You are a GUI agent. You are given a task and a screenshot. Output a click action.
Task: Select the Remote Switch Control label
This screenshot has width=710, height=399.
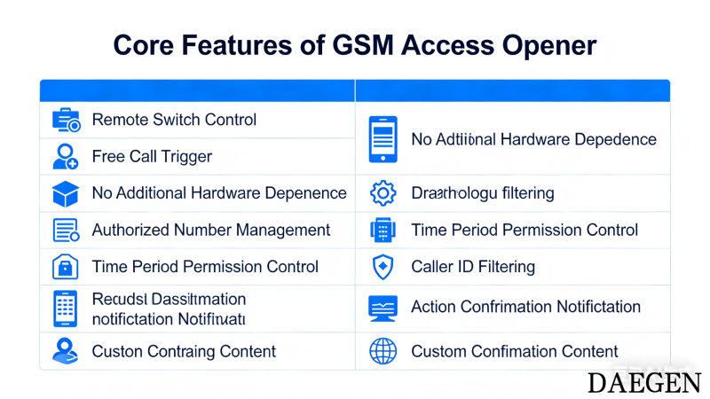click(x=174, y=120)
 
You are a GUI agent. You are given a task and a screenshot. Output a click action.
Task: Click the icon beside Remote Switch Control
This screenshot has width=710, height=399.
click(x=66, y=120)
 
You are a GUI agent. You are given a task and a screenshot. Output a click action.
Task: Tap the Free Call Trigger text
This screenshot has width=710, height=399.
click(x=152, y=157)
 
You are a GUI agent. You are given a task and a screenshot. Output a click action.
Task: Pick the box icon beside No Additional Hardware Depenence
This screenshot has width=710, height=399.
click(x=66, y=193)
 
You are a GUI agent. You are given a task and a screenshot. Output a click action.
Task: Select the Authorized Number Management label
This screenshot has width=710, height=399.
click(x=210, y=231)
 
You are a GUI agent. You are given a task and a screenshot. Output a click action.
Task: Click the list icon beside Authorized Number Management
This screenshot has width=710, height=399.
click(x=66, y=231)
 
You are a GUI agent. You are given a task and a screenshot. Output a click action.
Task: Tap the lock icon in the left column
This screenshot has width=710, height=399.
click(x=66, y=267)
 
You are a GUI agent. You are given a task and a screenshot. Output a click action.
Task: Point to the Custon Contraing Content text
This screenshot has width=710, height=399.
click(x=184, y=351)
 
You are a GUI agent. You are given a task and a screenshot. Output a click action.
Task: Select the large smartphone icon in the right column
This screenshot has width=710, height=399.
click(x=383, y=139)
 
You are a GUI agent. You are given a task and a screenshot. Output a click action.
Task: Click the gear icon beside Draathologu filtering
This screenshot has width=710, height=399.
click(x=383, y=193)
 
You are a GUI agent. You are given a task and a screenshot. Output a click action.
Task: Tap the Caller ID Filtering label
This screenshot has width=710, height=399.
click(x=473, y=267)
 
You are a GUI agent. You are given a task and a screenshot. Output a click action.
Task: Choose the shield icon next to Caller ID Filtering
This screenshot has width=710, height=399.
click(x=383, y=267)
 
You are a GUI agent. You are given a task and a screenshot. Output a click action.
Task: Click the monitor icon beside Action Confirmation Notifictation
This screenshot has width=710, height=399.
click(x=383, y=308)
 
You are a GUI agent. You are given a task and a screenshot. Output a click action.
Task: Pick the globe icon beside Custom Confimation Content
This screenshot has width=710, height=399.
click(x=383, y=351)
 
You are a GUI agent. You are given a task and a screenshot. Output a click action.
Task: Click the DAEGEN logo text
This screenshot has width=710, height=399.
click(x=643, y=382)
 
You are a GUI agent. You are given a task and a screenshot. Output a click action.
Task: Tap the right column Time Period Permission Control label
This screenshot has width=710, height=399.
click(x=525, y=231)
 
